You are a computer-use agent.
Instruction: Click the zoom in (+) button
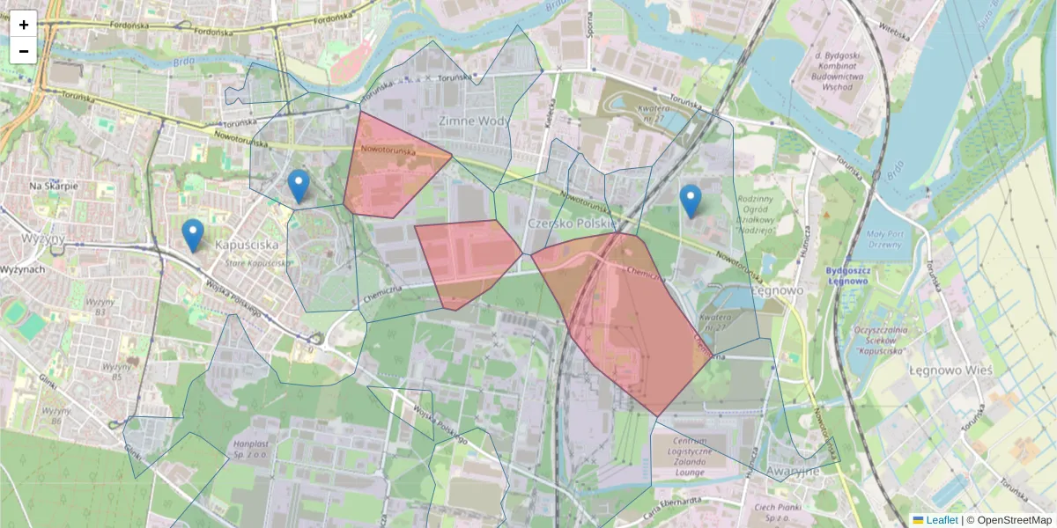pyautogui.click(x=24, y=25)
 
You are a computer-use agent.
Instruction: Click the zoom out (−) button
pyautogui.click(x=24, y=51)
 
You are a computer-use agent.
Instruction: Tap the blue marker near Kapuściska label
pyautogui.click(x=193, y=234)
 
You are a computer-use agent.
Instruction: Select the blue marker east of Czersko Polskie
pyautogui.click(x=691, y=201)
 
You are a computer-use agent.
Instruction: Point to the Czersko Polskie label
pyautogui.click(x=571, y=224)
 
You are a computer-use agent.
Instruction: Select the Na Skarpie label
pyautogui.click(x=54, y=187)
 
